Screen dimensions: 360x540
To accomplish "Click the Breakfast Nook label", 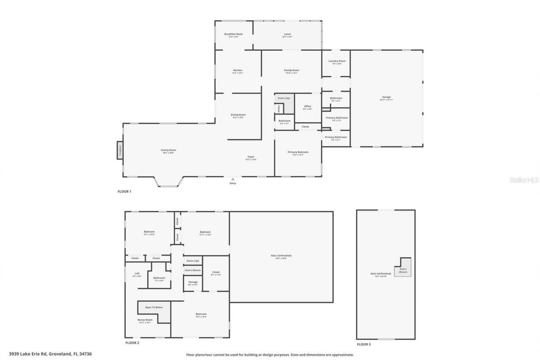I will coord(233,34).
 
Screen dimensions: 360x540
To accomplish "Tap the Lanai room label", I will coord(287,34).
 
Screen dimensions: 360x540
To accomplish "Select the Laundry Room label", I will coord(337,61).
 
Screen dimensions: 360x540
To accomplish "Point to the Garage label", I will coord(386,97).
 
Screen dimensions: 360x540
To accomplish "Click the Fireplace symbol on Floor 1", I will coord(119,150).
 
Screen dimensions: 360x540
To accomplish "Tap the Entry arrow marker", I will coord(232,179).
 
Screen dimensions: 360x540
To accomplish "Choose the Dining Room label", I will coord(238,115).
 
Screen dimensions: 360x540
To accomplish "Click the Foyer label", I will coord(251,157).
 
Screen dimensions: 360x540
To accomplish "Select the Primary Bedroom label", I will coord(298,152).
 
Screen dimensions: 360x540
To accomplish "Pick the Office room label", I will coord(307,106).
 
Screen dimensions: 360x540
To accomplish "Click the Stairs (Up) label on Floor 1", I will coord(283,98).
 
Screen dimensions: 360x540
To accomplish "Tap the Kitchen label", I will coord(238,70).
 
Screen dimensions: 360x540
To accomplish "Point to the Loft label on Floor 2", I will coord(137,274).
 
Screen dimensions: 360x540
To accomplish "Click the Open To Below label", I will coord(154,307).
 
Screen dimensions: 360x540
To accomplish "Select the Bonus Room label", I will coord(145,320).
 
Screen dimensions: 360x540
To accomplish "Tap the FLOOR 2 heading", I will coord(132,343).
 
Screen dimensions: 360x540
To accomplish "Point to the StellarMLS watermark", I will coord(524,180).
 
